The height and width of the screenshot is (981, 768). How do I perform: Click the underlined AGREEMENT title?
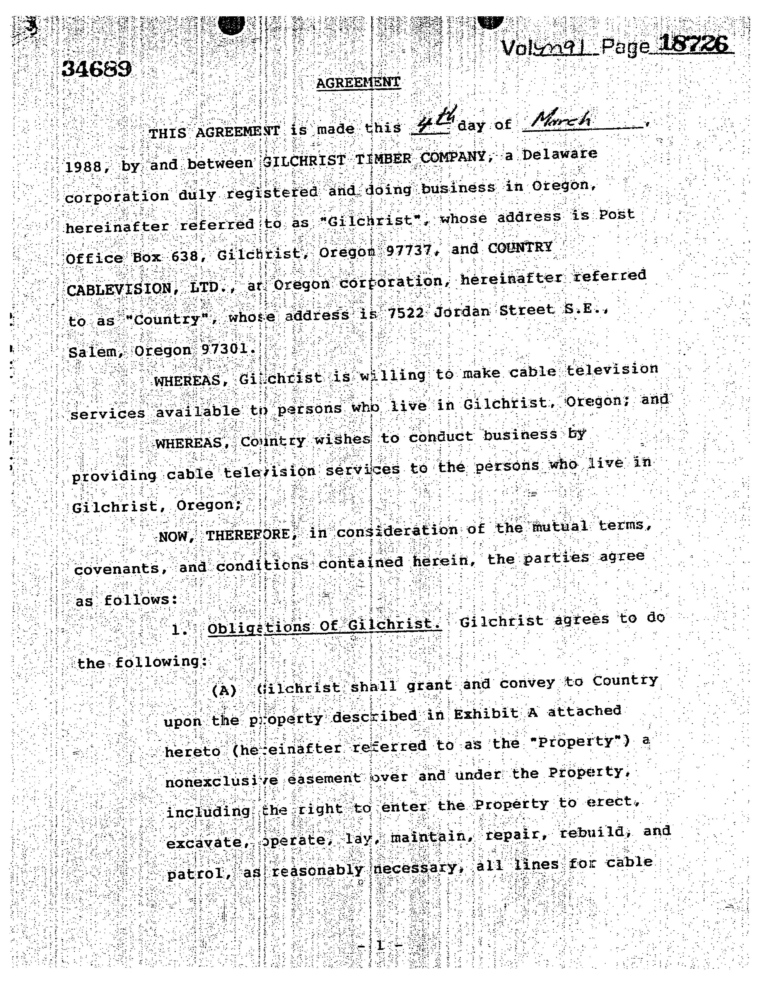[358, 82]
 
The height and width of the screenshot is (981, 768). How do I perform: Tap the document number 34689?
[97, 69]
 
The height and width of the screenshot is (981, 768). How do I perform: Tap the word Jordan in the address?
[461, 311]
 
